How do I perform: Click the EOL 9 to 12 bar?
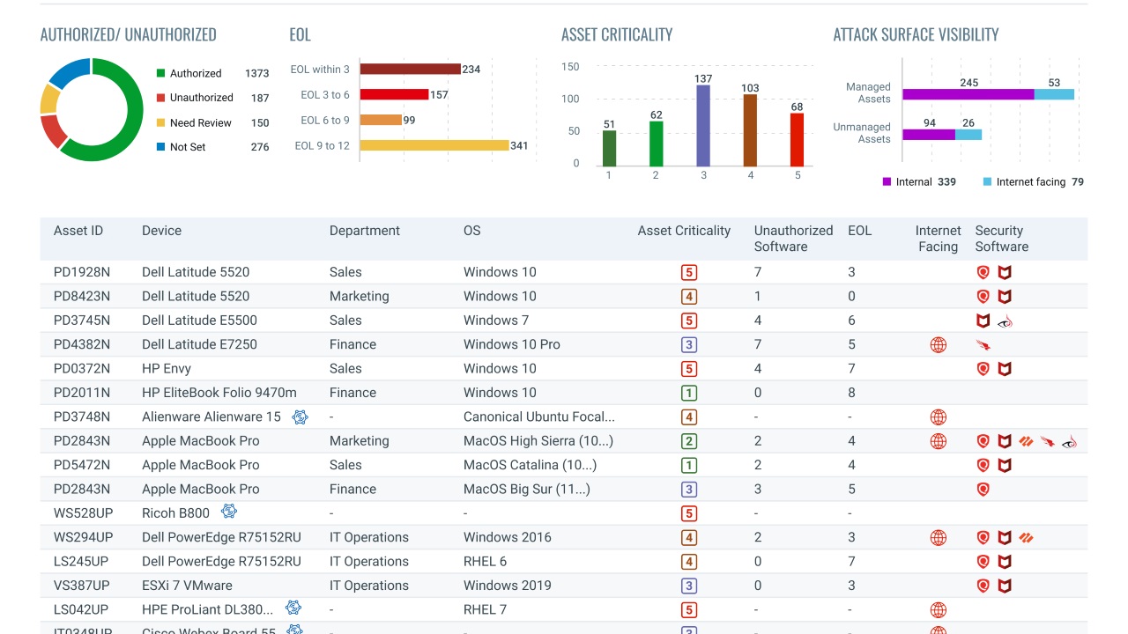click(434, 145)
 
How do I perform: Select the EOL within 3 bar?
click(410, 69)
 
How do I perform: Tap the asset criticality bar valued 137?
click(703, 126)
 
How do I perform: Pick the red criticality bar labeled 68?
click(797, 140)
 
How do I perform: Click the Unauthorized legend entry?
click(201, 98)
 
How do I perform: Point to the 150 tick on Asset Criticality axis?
click(570, 67)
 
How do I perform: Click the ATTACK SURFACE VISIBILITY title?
click(916, 35)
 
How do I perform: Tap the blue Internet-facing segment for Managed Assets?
click(1054, 94)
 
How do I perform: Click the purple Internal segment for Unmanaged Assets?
click(929, 135)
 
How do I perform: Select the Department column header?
click(364, 231)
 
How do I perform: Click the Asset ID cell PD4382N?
click(82, 344)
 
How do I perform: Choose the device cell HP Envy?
click(167, 369)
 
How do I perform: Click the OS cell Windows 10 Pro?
click(511, 344)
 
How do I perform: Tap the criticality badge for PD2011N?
click(689, 394)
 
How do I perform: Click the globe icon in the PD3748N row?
click(939, 417)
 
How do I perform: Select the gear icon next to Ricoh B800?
click(229, 512)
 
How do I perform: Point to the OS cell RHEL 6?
click(485, 562)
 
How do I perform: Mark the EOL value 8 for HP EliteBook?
click(851, 393)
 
